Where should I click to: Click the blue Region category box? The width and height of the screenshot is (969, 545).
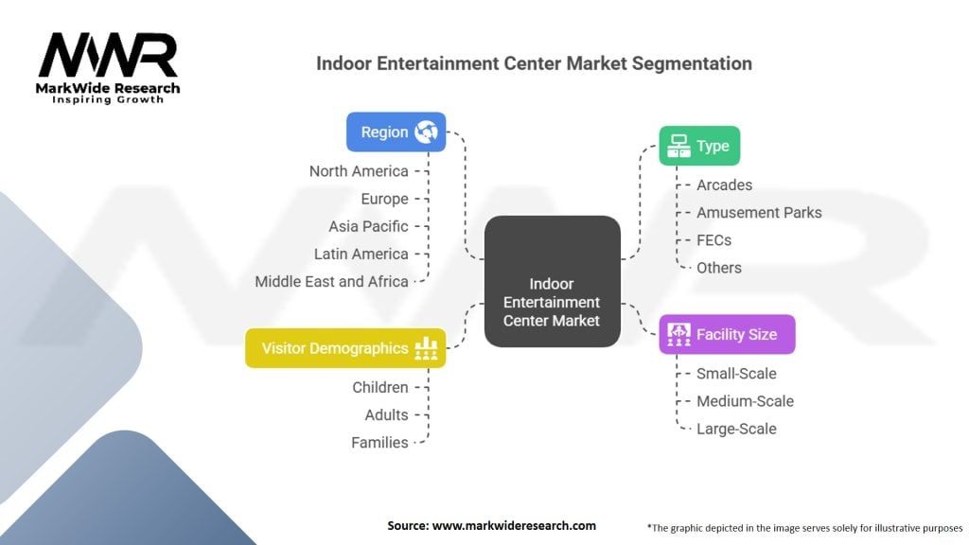click(396, 132)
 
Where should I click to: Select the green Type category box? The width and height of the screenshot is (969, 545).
click(699, 146)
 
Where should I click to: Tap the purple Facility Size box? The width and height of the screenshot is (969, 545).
click(726, 334)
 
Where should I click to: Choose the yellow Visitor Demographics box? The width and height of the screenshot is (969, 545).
click(345, 348)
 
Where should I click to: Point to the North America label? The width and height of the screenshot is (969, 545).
click(359, 171)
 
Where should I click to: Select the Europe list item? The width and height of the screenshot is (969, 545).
click(384, 199)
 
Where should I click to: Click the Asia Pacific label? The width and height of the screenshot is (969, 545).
click(368, 226)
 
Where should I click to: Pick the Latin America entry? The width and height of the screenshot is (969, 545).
click(361, 254)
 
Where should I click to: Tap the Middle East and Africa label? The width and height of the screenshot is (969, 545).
click(331, 281)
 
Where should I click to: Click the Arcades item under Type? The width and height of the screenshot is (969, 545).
click(724, 185)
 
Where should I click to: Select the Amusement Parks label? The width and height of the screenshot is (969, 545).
click(759, 212)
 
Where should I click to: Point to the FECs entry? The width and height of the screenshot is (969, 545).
click(714, 239)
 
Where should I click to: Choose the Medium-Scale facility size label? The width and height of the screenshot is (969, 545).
click(745, 401)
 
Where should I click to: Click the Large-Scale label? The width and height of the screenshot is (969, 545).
click(736, 429)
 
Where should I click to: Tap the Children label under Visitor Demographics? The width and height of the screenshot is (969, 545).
click(380, 387)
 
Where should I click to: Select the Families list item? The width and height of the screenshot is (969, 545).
click(379, 442)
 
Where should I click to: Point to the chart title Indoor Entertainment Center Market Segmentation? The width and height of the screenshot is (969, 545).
click(534, 63)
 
